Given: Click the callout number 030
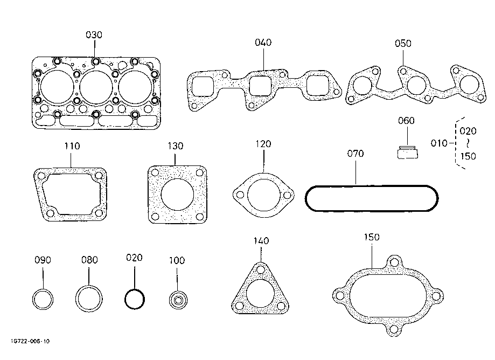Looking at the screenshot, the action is pyautogui.click(x=94, y=34).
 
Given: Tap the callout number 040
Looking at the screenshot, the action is pyautogui.click(x=263, y=43).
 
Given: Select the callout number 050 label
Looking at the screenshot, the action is pyautogui.click(x=403, y=43).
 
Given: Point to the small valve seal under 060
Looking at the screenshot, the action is pyautogui.click(x=407, y=152).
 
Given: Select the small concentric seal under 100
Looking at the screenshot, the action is pyautogui.click(x=178, y=300).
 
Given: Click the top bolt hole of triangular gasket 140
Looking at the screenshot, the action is pyautogui.click(x=261, y=269).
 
